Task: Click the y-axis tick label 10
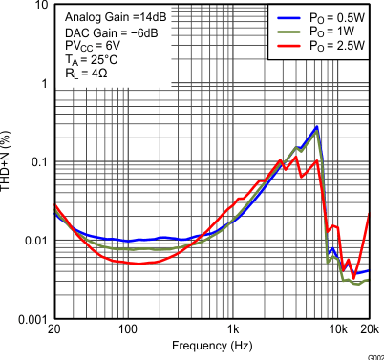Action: (x=36, y=6)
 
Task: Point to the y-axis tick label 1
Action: (x=41, y=83)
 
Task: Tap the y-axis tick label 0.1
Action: (x=35, y=161)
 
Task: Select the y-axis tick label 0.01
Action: (x=32, y=240)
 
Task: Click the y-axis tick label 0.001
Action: (x=30, y=318)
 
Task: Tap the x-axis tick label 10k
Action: (x=337, y=329)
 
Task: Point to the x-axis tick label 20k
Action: (x=369, y=329)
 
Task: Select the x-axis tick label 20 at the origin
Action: (x=54, y=329)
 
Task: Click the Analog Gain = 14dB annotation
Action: (x=110, y=18)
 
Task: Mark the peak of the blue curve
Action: (x=316, y=126)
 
